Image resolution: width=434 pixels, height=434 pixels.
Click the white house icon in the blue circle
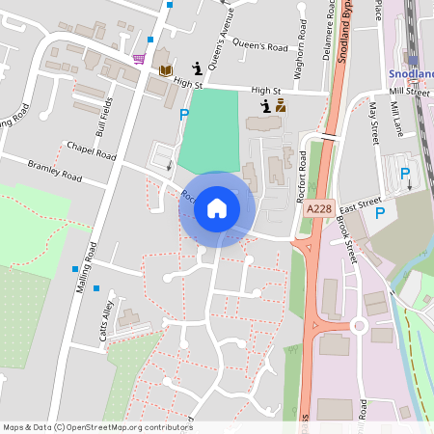(x=217, y=208)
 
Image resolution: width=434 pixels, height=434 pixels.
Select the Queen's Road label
(x=261, y=46)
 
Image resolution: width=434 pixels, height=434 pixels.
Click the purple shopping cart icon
(x=140, y=59)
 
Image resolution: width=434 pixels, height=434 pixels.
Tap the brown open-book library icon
(x=166, y=70)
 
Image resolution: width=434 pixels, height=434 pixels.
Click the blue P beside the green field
(x=184, y=115)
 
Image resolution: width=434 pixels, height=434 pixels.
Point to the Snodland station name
(x=411, y=73)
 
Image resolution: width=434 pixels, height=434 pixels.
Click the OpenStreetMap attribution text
(x=97, y=426)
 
